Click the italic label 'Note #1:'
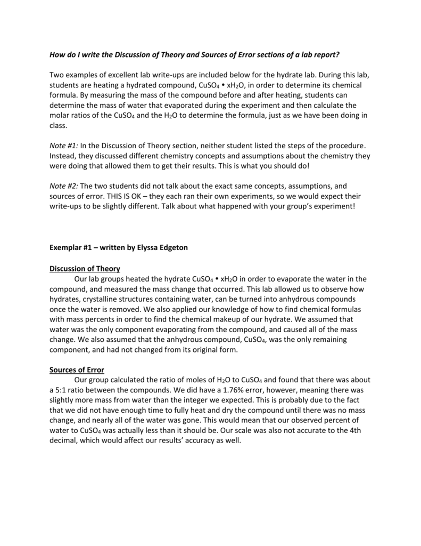click(x=63, y=146)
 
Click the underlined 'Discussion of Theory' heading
click(x=85, y=268)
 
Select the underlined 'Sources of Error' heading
click(x=77, y=370)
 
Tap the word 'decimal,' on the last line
click(x=64, y=441)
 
